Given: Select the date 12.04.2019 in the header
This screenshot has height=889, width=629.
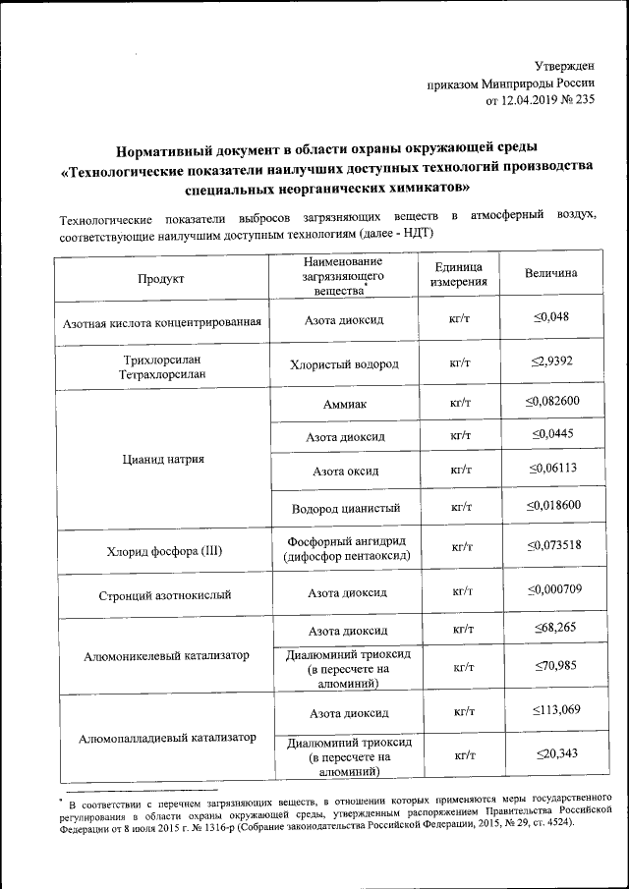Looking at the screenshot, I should (x=532, y=100).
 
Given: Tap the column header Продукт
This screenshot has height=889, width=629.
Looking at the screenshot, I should (x=161, y=278).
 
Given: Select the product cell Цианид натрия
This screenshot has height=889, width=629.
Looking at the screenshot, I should (x=159, y=459).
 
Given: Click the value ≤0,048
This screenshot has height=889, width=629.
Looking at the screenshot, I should (x=551, y=317).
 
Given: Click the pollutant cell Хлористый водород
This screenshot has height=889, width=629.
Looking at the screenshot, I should (x=344, y=363).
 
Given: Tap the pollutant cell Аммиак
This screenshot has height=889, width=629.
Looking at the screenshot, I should (x=344, y=404).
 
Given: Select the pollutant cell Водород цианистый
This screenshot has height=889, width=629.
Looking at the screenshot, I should (x=344, y=508).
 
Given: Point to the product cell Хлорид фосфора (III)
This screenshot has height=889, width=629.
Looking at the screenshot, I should (x=160, y=551).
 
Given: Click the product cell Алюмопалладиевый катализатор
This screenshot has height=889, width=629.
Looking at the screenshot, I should (x=160, y=737).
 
